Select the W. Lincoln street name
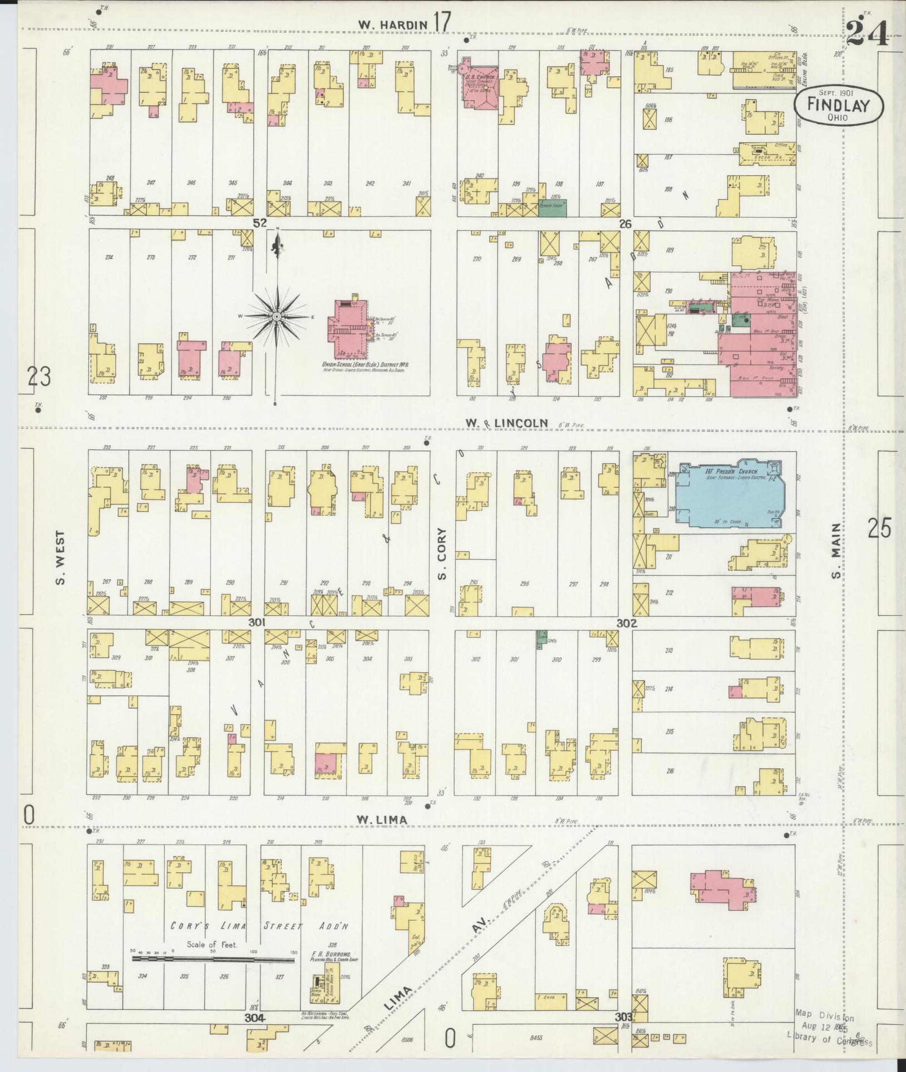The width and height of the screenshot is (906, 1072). [x=507, y=424]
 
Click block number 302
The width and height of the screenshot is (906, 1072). [x=626, y=624]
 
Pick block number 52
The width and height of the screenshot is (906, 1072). [x=260, y=223]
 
